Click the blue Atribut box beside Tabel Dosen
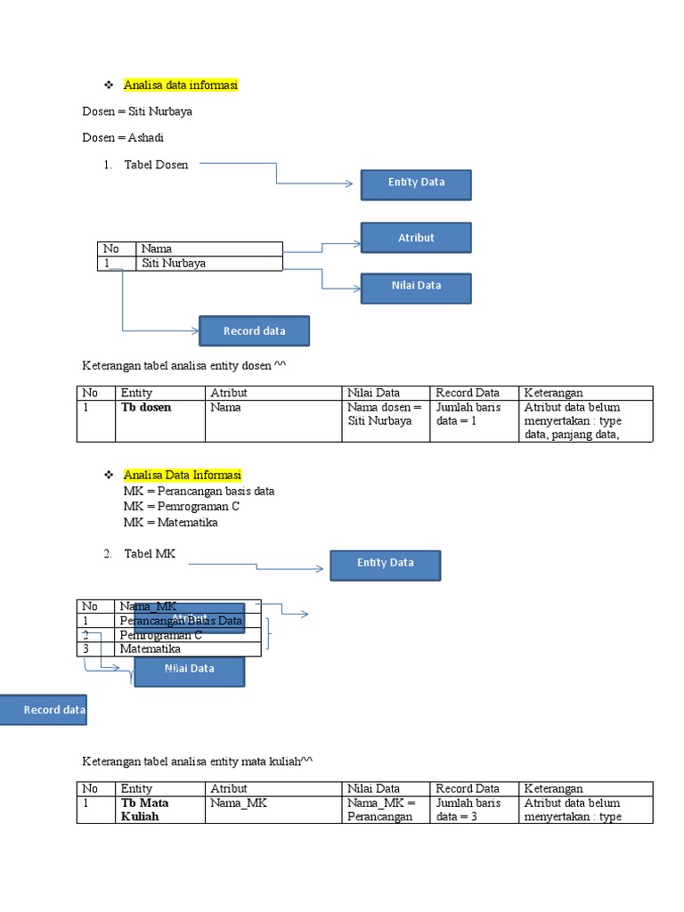(415, 238)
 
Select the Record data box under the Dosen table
(254, 331)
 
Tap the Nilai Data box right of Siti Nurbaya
(415, 286)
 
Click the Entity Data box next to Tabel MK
(385, 564)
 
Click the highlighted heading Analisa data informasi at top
(181, 85)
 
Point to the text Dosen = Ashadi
(123, 138)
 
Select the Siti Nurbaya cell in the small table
(173, 264)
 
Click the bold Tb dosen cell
(146, 407)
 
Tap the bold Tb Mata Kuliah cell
(144, 809)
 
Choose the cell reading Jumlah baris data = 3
(468, 809)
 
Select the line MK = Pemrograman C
(181, 507)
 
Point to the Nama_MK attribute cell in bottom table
(239, 802)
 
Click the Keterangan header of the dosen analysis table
(553, 393)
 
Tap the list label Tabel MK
(150, 554)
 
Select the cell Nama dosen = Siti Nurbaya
(385, 414)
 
